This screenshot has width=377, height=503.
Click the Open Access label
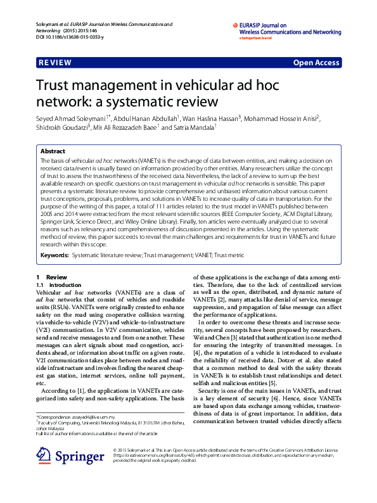pyautogui.click(x=316, y=63)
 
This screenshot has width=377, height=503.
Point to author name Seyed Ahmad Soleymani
pyautogui.click(x=70, y=118)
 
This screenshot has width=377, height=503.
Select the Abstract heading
pyautogui.click(x=53, y=152)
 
